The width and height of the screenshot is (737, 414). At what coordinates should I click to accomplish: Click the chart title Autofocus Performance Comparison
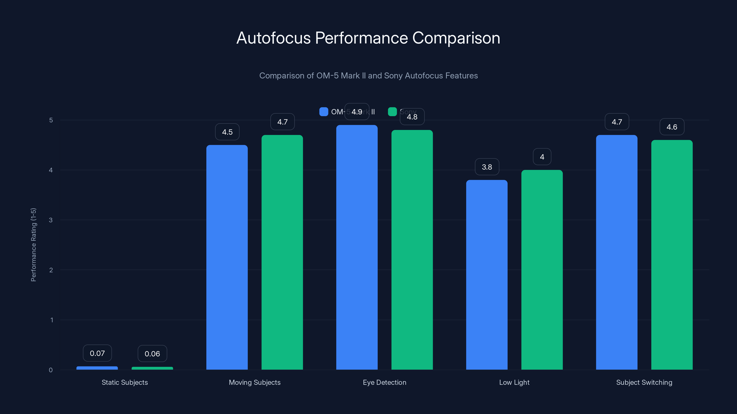pos(368,38)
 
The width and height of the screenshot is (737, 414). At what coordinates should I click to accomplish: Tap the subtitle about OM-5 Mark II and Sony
pos(368,76)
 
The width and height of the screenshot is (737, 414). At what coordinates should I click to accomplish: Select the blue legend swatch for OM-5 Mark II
pos(324,112)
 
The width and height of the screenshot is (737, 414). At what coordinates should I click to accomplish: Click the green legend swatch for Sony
pos(392,112)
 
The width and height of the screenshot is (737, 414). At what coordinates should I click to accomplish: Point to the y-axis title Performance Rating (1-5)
pos(33,245)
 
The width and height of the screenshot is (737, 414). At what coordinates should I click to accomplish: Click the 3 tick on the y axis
pos(51,220)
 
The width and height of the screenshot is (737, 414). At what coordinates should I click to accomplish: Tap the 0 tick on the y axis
pos(51,370)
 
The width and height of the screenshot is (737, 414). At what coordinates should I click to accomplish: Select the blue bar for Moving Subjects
pos(227,257)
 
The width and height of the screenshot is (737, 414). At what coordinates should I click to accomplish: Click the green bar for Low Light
pos(542,270)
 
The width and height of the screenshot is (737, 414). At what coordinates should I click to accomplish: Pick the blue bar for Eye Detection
pos(357,247)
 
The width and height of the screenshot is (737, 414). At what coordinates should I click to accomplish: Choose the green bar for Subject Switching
pos(672,255)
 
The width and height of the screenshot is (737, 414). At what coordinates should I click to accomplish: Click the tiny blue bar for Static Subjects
pos(97,368)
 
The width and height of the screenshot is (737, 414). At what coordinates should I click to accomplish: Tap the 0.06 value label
pos(152,354)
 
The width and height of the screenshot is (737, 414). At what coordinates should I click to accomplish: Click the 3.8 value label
pos(487,167)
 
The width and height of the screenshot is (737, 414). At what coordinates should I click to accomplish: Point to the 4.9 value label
pos(357,112)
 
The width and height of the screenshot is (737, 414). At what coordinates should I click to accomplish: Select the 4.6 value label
pos(672,127)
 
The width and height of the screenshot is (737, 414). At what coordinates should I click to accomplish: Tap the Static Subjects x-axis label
pos(125,382)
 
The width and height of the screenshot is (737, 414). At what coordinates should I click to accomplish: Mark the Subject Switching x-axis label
pos(644,382)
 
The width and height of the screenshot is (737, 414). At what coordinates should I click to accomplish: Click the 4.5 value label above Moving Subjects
pos(227,132)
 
